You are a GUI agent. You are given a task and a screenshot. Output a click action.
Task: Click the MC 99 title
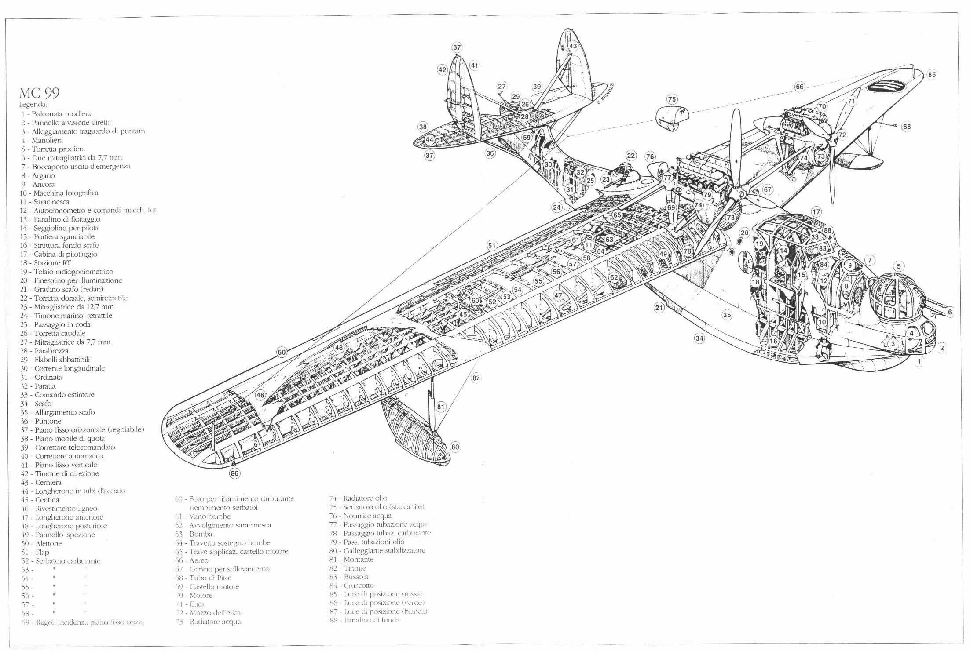pyautogui.click(x=39, y=93)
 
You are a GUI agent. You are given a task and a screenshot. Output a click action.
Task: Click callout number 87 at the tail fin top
pyautogui.click(x=457, y=47)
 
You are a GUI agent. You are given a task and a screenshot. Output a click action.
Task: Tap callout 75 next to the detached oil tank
pyautogui.click(x=672, y=99)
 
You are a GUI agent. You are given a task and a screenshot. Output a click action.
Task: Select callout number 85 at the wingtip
pyautogui.click(x=932, y=75)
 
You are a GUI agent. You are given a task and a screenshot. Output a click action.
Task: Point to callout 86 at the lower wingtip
pyautogui.click(x=235, y=473)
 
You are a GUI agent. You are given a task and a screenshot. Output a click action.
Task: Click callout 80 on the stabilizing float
pyautogui.click(x=455, y=447)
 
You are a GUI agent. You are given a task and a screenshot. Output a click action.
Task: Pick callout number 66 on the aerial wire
pyautogui.click(x=799, y=87)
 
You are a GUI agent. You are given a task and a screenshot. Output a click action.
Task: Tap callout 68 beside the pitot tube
pyautogui.click(x=907, y=127)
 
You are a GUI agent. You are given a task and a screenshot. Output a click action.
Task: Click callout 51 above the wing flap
pyautogui.click(x=491, y=246)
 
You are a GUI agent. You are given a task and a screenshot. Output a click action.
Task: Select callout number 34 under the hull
pyautogui.click(x=699, y=338)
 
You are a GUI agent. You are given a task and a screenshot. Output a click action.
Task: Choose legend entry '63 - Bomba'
pyautogui.click(x=194, y=534)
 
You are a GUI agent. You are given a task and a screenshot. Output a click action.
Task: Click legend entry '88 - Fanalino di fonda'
pyautogui.click(x=365, y=620)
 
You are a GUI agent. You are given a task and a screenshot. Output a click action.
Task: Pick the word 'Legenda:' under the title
pyautogui.click(x=33, y=105)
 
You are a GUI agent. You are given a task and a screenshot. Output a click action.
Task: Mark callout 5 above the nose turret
pyautogui.click(x=899, y=266)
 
